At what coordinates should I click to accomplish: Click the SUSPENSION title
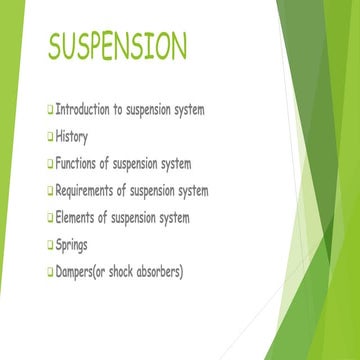(x=117, y=46)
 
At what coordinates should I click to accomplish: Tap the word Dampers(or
(x=89, y=271)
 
